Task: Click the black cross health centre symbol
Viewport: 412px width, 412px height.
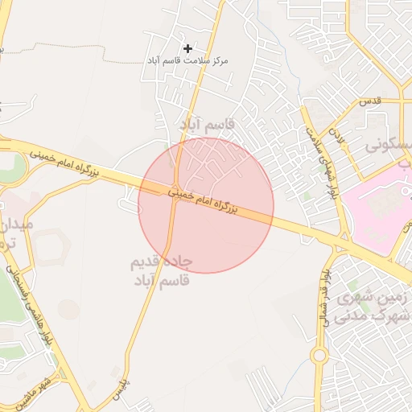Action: coord(187,49)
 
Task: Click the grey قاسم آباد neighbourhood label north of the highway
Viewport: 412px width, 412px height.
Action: coord(208,125)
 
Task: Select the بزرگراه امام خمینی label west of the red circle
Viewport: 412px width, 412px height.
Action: coord(69,162)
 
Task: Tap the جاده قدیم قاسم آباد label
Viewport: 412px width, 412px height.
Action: coord(161,271)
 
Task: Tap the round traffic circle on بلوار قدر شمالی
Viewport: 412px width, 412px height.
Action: coord(319,354)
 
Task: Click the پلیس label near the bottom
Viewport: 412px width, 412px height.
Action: coord(121,392)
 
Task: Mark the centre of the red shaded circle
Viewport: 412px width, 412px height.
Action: coord(206,205)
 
